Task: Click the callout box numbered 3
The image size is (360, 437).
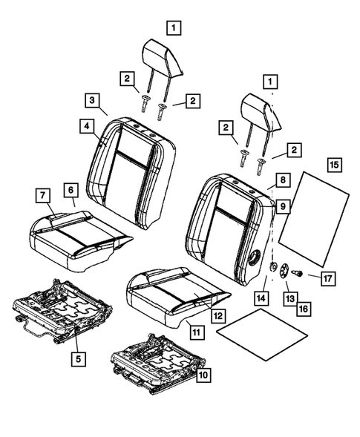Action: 92,100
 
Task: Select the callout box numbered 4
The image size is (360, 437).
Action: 88,127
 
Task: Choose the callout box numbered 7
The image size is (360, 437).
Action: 42,195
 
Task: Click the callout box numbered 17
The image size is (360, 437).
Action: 327,278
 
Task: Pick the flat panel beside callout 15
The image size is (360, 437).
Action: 315,219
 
